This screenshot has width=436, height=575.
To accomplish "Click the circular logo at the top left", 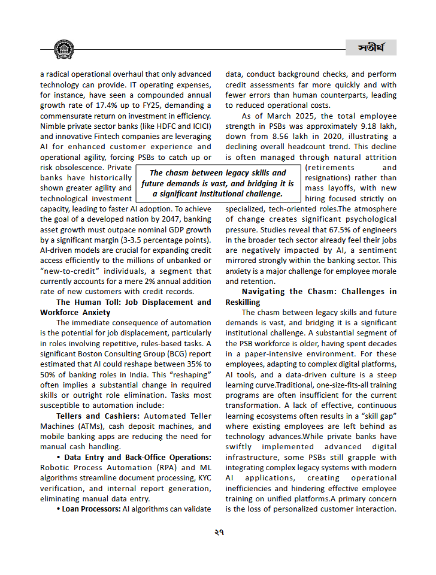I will pos(63,50).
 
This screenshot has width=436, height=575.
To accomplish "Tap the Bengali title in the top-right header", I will pos(371,48).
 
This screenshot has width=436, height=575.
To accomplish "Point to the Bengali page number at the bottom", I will pos(218,532).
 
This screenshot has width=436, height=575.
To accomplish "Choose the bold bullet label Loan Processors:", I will pos(91,509).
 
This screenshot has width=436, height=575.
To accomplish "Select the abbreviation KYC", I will pos(200,478).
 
